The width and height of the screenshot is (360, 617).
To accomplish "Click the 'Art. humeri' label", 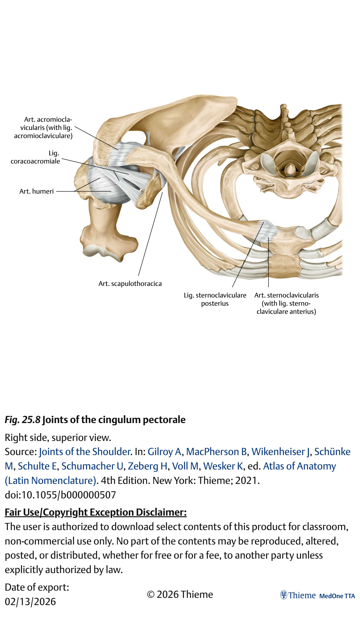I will point(36,191).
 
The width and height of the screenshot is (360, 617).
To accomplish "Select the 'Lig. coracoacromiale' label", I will point(35,157).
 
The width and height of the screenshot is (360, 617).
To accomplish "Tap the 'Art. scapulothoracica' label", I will point(130,284).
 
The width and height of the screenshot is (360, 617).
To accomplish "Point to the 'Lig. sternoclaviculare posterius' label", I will point(215,299).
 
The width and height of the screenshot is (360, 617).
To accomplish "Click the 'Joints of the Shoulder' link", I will point(85,452).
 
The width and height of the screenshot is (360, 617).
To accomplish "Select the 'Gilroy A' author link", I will point(164,452).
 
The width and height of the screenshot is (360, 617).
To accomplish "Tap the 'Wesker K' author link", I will point(223,466).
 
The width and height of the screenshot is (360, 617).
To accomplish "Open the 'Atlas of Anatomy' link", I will point(299,466).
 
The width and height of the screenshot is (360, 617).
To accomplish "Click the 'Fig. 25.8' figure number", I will point(22,420).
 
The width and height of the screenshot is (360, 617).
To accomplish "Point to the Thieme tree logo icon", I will point(283,595).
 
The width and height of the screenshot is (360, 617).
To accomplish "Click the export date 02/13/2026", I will point(30,602).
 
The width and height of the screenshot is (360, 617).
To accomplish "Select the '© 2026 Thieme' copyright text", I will point(180,594).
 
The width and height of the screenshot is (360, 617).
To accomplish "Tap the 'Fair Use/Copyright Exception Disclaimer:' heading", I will point(96,512).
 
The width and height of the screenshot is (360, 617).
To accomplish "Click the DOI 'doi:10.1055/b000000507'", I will point(60,495).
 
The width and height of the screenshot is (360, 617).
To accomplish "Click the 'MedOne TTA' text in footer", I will point(337,596).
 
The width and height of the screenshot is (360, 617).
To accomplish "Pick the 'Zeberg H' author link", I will point(148,466).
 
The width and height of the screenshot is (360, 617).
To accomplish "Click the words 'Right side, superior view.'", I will point(58,437).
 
